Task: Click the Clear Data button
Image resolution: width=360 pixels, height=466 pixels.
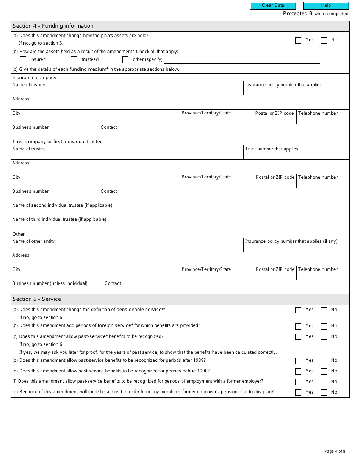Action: (x=273, y=6)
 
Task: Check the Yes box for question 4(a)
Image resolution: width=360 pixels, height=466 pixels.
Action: (x=298, y=40)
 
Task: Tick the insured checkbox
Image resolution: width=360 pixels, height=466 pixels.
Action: (x=23, y=59)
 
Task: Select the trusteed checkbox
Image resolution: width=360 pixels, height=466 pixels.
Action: (x=74, y=59)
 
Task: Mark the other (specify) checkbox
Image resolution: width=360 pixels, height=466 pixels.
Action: (x=125, y=59)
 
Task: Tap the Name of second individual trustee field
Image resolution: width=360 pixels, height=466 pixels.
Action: (x=180, y=211)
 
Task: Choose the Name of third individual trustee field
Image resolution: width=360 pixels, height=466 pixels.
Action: (x=180, y=225)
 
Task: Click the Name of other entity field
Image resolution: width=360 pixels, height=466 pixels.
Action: (x=127, y=247)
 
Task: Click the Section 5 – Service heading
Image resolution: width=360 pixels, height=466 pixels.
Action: (x=37, y=299)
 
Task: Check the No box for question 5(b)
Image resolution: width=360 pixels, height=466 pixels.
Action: (x=324, y=326)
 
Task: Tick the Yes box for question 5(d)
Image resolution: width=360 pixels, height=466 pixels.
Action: (x=298, y=361)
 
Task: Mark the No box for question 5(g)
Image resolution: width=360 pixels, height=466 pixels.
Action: (x=324, y=393)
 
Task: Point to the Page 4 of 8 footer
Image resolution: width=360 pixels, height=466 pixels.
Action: (x=335, y=451)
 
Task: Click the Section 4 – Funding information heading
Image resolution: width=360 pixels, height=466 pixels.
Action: (x=53, y=26)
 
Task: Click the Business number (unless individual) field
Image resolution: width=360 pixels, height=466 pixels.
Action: (x=57, y=289)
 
